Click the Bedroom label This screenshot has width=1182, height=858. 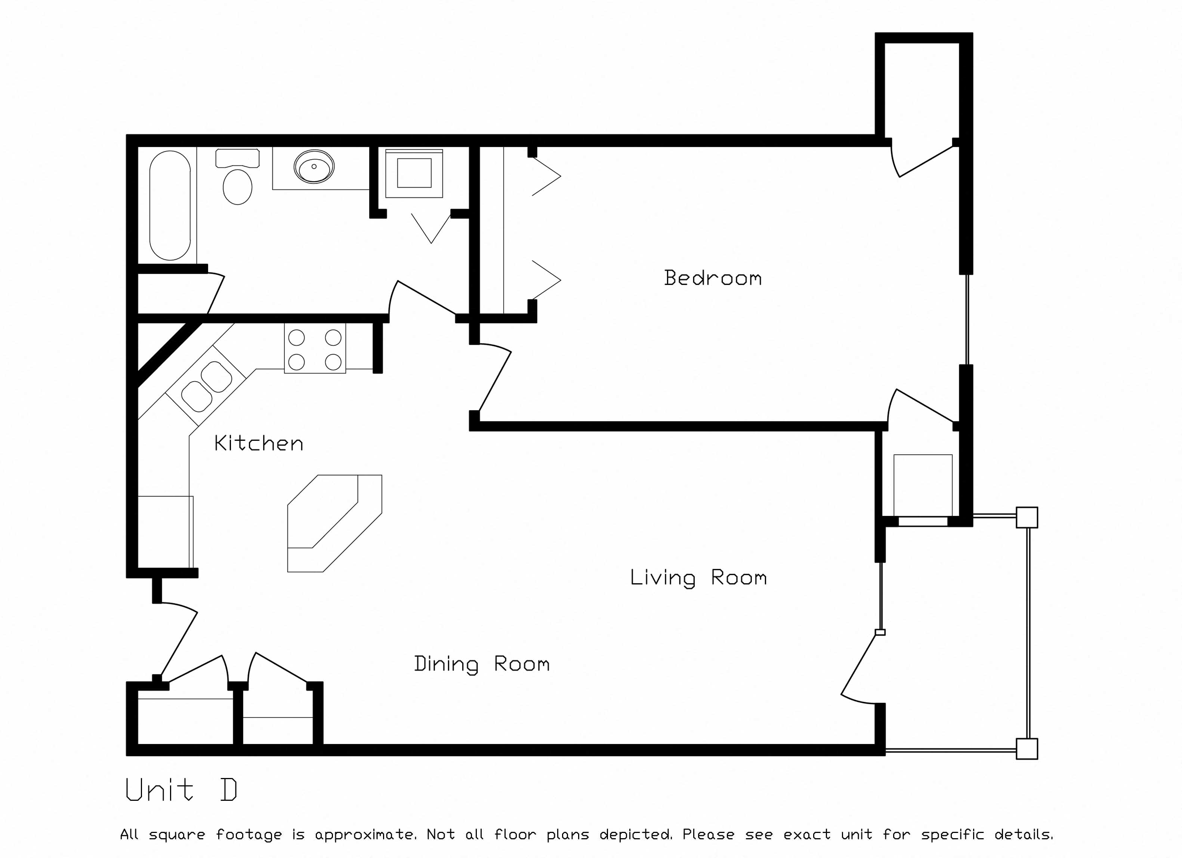tap(712, 279)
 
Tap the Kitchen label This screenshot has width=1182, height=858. tap(259, 444)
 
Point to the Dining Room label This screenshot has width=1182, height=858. tap(482, 664)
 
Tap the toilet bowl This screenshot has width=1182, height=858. tap(238, 186)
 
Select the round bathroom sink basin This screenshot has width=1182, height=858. tap(314, 167)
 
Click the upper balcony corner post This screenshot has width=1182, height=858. tap(1027, 518)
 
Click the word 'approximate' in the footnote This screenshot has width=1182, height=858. tap(365, 834)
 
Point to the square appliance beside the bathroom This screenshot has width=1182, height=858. tap(414, 173)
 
